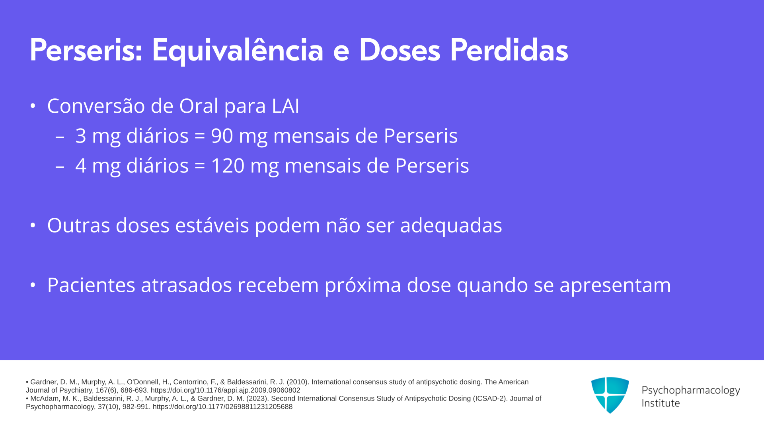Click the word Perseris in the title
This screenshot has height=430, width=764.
(x=86, y=50)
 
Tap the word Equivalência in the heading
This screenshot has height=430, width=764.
(x=238, y=50)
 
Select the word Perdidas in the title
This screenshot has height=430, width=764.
(x=509, y=50)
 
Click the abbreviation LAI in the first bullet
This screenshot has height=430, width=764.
(x=286, y=106)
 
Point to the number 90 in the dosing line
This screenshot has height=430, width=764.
(x=222, y=136)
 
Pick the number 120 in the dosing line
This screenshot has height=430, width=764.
(x=228, y=166)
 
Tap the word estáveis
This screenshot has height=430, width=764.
(x=212, y=225)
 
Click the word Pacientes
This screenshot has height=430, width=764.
(x=91, y=285)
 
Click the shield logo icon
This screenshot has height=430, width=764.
(x=610, y=395)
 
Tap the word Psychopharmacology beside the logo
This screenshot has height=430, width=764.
(x=691, y=391)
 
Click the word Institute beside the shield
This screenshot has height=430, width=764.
(x=661, y=403)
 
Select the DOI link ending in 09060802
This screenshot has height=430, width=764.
(x=225, y=390)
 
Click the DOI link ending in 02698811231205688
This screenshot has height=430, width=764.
(x=222, y=407)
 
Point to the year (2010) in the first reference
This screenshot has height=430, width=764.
(x=298, y=382)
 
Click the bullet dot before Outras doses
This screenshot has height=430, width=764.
(x=33, y=225)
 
